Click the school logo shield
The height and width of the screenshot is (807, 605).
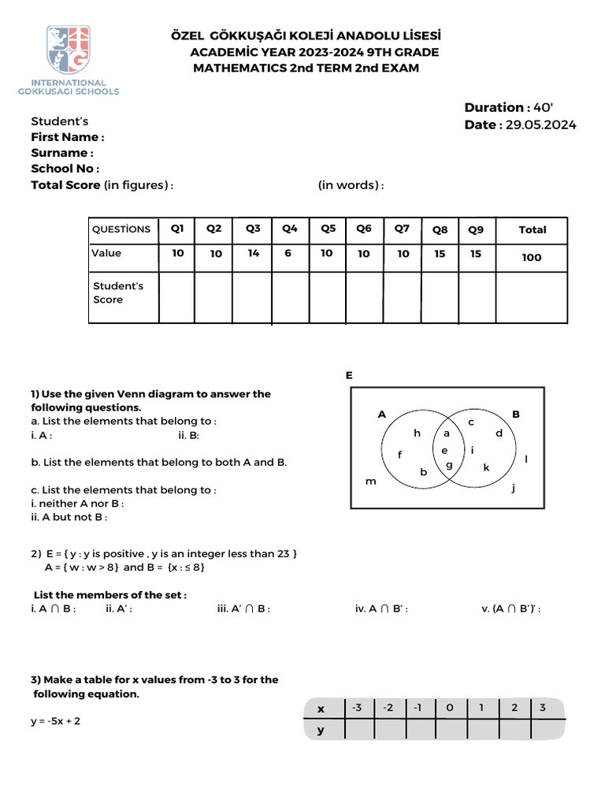[69, 50]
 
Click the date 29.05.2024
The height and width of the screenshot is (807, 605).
[541, 125]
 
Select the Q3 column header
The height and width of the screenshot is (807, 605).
[253, 229]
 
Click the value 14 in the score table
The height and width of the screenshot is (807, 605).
[253, 253]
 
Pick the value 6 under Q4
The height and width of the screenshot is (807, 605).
[288, 253]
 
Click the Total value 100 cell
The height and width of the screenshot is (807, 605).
[532, 257]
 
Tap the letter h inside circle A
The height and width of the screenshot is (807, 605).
[418, 433]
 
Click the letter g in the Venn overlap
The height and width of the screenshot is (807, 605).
[449, 465]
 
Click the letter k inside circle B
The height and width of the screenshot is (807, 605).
[486, 467]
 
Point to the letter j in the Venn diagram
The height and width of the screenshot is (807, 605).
[513, 488]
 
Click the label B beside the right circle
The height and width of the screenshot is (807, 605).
[517, 414]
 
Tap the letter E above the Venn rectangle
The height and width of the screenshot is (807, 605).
[349, 376]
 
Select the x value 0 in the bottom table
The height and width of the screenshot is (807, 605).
[450, 708]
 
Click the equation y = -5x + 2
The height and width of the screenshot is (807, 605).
[56, 720]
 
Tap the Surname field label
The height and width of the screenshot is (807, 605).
[62, 153]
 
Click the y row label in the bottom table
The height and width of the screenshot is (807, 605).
[321, 731]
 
